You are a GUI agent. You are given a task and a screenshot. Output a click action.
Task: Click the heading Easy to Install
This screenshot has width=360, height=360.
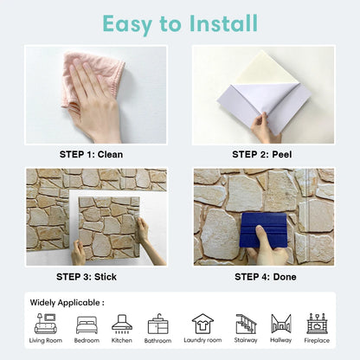coord(180,24)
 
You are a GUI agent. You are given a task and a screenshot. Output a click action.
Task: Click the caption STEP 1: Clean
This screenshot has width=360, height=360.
coord(91,155)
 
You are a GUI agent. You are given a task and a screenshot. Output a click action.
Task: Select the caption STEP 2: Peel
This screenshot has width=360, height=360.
coord(262,155)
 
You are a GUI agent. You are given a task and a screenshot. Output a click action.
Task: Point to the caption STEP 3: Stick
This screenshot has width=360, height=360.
coord(87,277)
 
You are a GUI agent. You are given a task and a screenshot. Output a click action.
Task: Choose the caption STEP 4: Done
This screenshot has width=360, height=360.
coord(266,277)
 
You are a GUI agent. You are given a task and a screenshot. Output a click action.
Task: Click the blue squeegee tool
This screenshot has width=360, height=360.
coord(263,230)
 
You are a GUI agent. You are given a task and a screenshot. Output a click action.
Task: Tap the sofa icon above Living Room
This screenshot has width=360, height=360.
coord(46,324)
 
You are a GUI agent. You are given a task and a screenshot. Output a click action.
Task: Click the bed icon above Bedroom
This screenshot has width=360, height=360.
coord(87,325)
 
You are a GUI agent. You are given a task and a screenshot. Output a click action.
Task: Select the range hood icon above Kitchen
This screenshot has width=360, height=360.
coord(122,324)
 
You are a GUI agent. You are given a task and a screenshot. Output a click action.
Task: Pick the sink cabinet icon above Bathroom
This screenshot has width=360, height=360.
coord(157,325)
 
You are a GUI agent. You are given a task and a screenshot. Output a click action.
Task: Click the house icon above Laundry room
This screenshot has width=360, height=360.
coord(202,324)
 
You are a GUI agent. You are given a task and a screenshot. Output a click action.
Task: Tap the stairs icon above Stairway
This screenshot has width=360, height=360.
coord(246,324)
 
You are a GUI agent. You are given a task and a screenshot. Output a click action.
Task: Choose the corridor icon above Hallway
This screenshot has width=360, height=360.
coord(281,324)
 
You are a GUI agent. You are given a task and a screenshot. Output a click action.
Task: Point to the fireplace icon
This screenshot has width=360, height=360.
coord(317,324)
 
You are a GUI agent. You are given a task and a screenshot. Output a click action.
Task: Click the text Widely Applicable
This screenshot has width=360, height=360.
coord(65,303)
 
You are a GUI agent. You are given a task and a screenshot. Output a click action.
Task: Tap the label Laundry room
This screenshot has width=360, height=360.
coord(202,340)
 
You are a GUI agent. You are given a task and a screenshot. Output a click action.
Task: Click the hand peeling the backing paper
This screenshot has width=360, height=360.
coord(264,128)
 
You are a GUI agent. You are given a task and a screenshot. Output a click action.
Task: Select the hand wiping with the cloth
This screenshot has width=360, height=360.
coord(93,102)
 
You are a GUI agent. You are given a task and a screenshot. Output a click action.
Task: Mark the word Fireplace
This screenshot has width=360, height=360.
coord(317,341)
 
